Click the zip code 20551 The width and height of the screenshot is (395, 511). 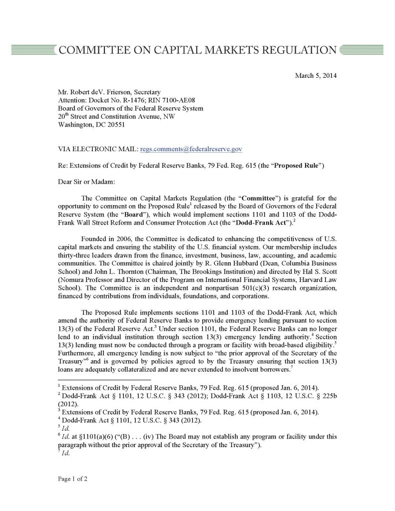coord(108,125)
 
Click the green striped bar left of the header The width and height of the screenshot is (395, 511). coord(31,50)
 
